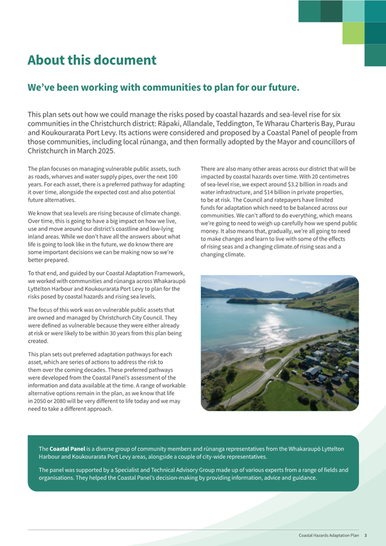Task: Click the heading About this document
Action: point(92,60)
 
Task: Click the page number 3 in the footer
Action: point(365,536)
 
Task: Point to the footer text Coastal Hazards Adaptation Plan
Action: point(329,536)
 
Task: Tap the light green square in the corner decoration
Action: point(353,33)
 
